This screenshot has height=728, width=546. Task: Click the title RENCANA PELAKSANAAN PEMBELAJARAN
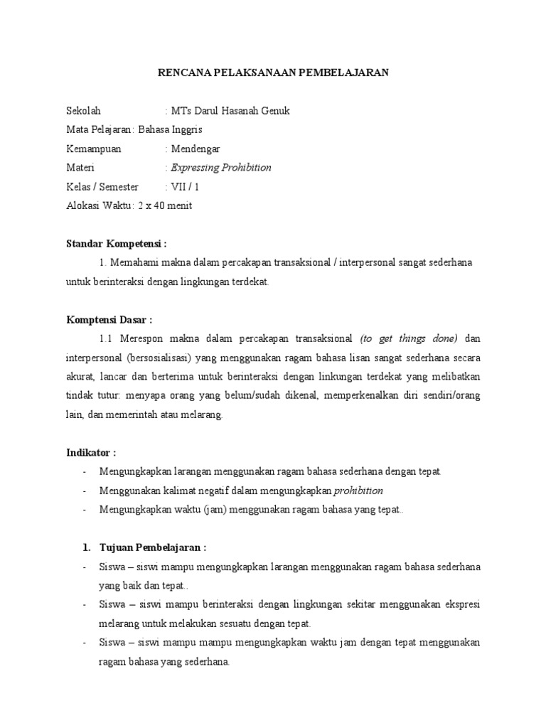pyautogui.click(x=272, y=73)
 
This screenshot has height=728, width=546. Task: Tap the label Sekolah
pyautogui.click(x=84, y=111)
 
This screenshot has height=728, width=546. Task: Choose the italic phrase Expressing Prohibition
pyautogui.click(x=220, y=168)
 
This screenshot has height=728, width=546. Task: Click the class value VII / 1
pyautogui.click(x=181, y=188)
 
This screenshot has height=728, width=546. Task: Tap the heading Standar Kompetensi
pyautogui.click(x=116, y=244)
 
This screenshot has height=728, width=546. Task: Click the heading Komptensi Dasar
pyautogui.click(x=109, y=320)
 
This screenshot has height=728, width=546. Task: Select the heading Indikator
pyautogui.click(x=91, y=453)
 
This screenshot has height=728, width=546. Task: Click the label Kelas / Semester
pyautogui.click(x=102, y=188)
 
